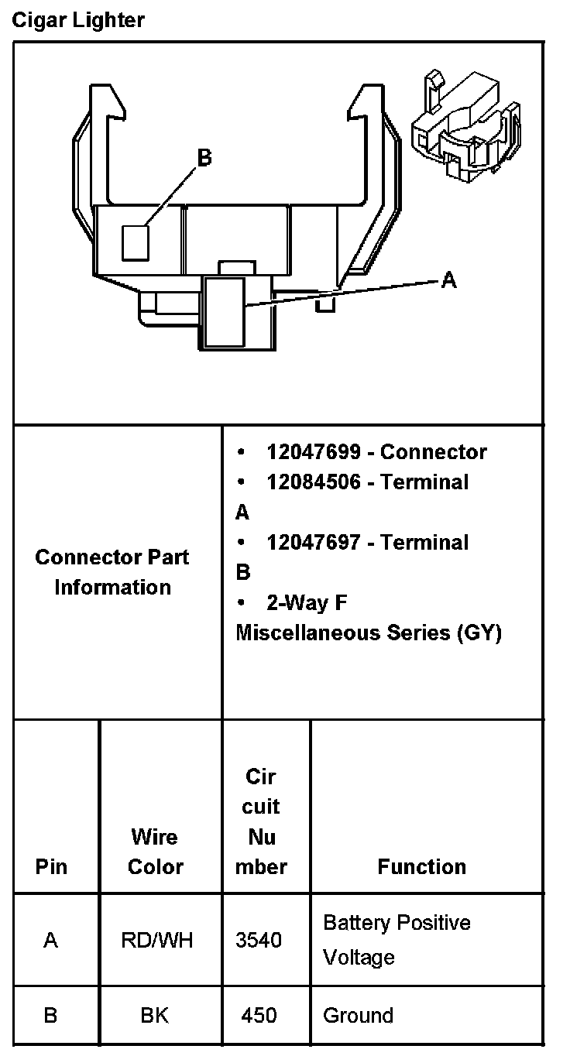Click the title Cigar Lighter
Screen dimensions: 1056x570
78,20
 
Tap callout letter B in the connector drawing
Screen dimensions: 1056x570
204,158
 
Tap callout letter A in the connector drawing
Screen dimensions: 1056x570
448,280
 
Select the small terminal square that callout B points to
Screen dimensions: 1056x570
136,242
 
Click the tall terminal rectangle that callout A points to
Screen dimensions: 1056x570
225,312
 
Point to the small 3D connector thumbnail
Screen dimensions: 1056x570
468,128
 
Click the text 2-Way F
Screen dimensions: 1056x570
307,602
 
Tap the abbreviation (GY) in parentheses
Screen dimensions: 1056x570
479,633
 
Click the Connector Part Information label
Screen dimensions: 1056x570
112,572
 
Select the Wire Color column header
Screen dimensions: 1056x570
155,852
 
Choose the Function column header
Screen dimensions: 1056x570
422,866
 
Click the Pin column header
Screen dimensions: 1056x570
51,866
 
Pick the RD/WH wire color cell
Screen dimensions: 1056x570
157,940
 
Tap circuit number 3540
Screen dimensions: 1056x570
259,940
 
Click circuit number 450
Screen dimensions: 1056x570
259,1015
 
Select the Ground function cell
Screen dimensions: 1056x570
358,1015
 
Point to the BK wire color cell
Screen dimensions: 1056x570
155,1015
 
